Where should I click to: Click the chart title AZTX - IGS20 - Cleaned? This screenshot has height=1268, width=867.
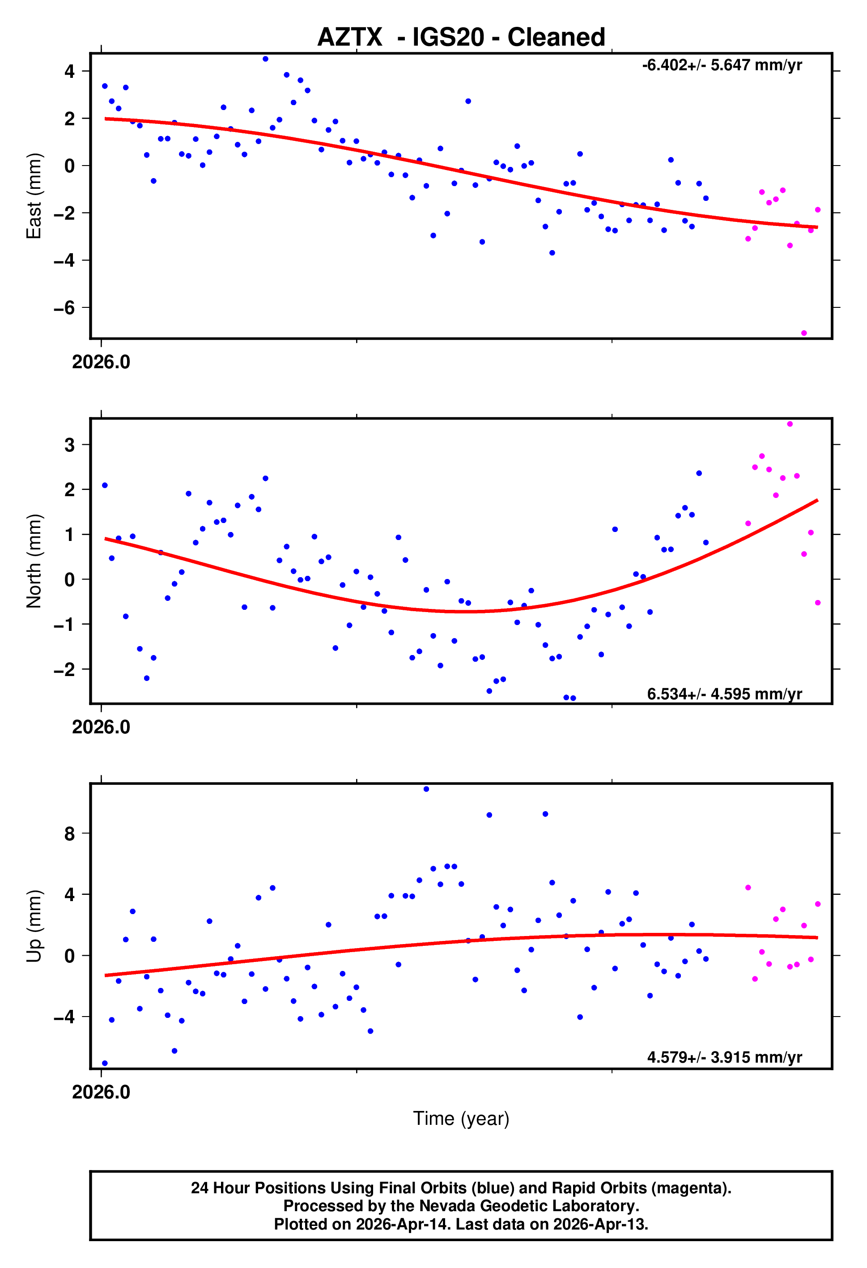coord(461,37)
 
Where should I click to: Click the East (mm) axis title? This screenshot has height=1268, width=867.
coord(34,196)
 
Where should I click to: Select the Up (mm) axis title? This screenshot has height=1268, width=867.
coord(34,925)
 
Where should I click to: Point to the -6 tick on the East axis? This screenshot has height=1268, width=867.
coord(64,308)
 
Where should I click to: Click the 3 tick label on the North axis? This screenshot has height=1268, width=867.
coord(69,445)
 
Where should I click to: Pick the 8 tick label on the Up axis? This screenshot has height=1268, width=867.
coord(69,834)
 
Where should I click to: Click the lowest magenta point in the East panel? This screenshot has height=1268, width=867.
coord(804,333)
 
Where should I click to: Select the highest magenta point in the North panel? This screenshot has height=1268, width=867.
coord(790,424)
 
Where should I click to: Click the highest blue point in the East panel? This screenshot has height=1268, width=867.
coord(265,59)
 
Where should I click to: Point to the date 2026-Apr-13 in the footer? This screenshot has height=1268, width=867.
coord(599,1224)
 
